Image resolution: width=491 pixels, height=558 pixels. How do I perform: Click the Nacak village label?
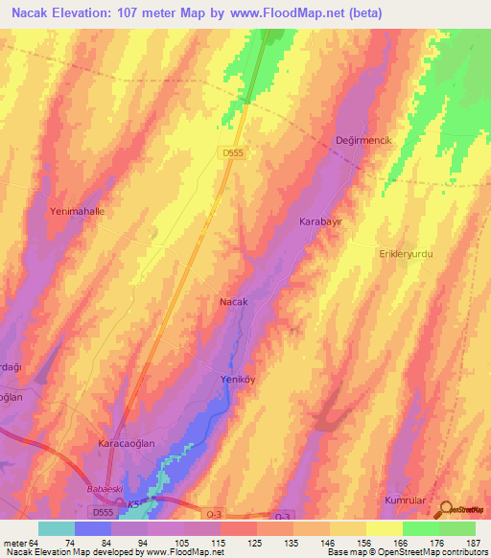click(x=234, y=302)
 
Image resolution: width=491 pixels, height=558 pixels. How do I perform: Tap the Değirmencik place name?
click(x=363, y=141)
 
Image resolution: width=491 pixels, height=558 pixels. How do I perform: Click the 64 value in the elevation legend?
click(x=36, y=543)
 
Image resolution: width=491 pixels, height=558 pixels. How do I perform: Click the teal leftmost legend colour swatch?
click(x=56, y=528)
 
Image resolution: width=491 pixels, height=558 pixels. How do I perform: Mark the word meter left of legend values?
click(x=13, y=543)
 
